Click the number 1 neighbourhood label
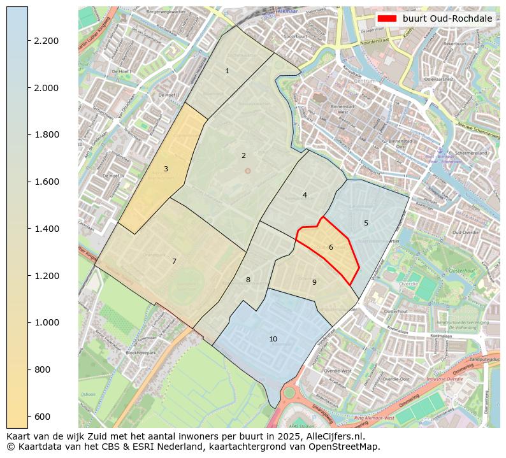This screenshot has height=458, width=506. [x=227, y=71]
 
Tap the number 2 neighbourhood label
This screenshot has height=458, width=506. [x=243, y=155]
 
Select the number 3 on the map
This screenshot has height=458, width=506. [x=166, y=169]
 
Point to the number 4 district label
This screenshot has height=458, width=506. [x=305, y=195]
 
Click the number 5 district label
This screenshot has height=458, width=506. [x=366, y=223]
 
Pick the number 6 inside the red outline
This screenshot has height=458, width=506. [x=331, y=247]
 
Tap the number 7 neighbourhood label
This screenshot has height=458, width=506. [x=174, y=261]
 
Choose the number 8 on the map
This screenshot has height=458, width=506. [x=248, y=280]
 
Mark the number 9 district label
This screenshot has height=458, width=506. [x=314, y=282]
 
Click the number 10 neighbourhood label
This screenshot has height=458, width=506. [x=273, y=339]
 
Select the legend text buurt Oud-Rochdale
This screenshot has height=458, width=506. [x=447, y=18]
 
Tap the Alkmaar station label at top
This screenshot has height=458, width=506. [x=287, y=11]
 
